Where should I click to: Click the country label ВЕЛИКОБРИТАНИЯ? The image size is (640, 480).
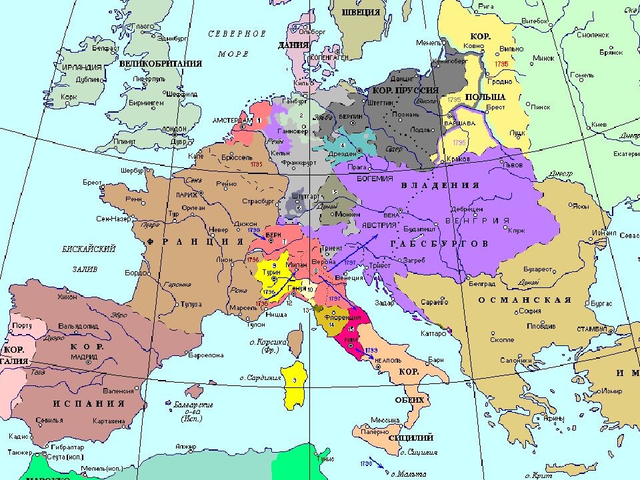pos(161,64)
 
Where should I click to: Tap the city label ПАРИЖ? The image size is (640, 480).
pos(187,195)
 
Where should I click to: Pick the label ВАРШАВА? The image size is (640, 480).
pos(459,123)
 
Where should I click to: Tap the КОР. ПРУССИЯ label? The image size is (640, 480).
pos(407,90)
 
